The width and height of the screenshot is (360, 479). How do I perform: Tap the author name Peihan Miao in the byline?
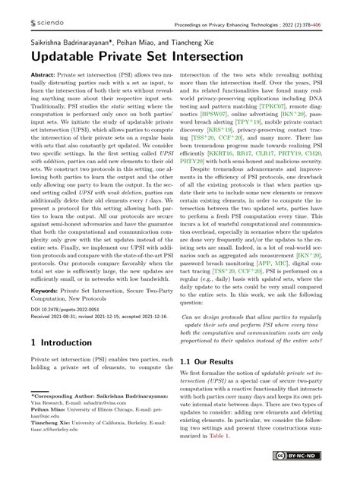tap(137, 39)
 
